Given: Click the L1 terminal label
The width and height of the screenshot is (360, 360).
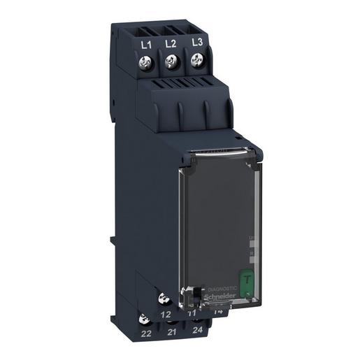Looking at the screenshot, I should pyautogui.click(x=146, y=46).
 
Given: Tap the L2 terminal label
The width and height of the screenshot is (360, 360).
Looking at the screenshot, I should pyautogui.click(x=169, y=44).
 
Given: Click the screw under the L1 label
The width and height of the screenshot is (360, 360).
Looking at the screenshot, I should pyautogui.click(x=147, y=65).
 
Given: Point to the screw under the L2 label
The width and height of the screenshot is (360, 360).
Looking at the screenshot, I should pyautogui.click(x=170, y=64).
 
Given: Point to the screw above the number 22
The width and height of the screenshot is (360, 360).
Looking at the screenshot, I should pyautogui.click(x=145, y=319).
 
